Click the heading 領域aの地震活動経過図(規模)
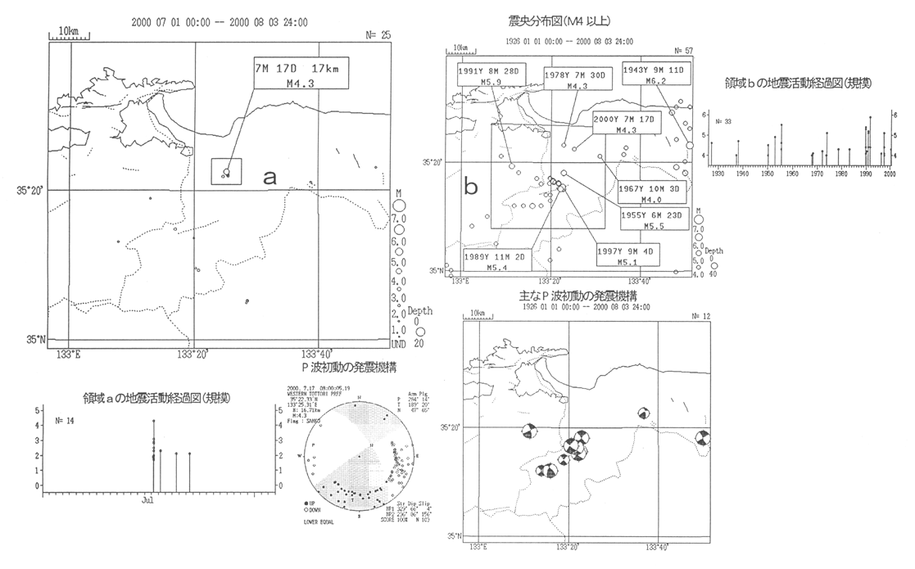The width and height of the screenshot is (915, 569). click(x=156, y=398)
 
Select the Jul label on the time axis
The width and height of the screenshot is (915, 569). click(x=148, y=499)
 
